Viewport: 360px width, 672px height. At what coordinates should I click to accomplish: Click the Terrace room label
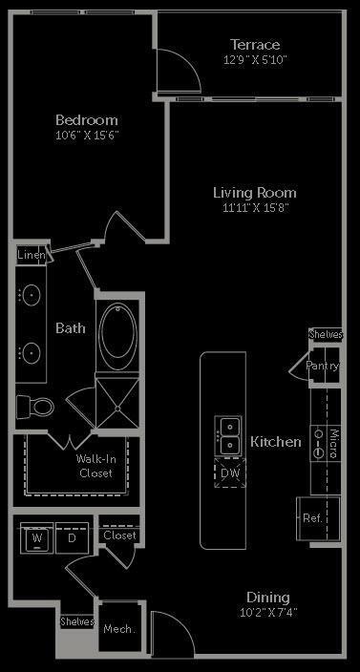(x=255, y=44)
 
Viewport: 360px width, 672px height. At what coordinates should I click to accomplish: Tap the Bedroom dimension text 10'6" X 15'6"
(x=86, y=136)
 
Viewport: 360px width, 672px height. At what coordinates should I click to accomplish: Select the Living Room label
(x=254, y=192)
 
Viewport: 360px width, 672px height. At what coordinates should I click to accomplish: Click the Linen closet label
(x=31, y=255)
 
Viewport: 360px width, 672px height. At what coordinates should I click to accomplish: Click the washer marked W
(x=37, y=537)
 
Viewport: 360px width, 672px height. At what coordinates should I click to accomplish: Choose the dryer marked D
(x=71, y=537)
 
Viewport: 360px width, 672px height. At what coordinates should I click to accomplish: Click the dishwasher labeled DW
(x=230, y=472)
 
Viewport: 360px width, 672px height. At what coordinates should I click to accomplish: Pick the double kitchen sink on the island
(x=229, y=436)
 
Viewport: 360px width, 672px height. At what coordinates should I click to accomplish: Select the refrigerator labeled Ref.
(x=312, y=517)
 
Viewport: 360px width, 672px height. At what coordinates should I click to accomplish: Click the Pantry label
(x=323, y=366)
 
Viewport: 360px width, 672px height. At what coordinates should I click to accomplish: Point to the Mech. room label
(x=119, y=629)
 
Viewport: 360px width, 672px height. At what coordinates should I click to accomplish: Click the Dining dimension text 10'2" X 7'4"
(x=268, y=613)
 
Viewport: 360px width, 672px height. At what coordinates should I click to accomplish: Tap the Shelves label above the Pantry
(x=325, y=335)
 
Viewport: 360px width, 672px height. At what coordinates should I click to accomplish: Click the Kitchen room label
(x=276, y=442)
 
